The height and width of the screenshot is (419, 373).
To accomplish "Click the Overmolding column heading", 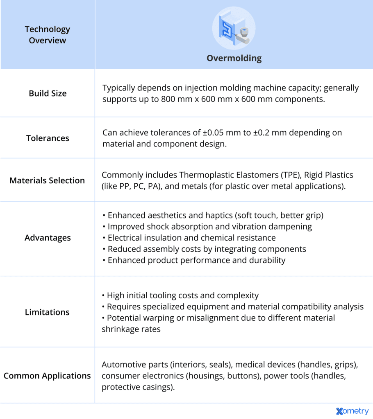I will click(x=234, y=58).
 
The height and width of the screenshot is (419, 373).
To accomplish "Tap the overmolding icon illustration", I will click(x=234, y=28).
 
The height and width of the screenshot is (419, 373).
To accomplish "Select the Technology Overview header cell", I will click(x=47, y=35).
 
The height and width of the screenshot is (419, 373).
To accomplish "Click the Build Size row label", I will click(x=48, y=93).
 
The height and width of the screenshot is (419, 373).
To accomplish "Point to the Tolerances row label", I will click(x=48, y=138).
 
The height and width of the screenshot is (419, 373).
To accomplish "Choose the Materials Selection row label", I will click(x=47, y=180).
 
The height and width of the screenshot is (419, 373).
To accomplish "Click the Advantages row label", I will click(x=48, y=238).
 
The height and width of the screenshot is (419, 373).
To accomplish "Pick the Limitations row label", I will click(x=48, y=312).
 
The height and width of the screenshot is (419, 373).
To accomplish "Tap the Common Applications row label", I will click(x=47, y=376).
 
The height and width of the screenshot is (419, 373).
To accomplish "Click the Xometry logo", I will click(x=352, y=411).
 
